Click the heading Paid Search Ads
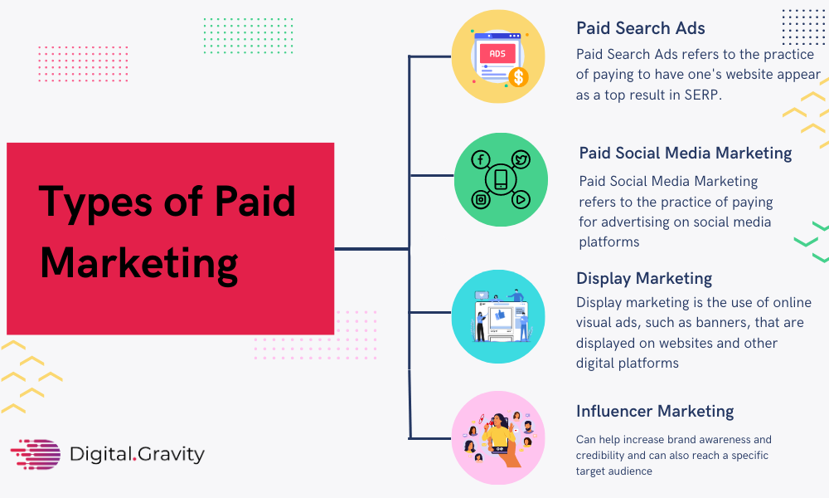click(x=640, y=28)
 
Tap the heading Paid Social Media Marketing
click(x=686, y=153)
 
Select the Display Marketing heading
click(x=644, y=278)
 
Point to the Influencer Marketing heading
click(x=655, y=411)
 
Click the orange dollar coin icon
click(x=518, y=77)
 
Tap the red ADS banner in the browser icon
click(x=497, y=53)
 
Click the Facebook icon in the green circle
click(x=481, y=159)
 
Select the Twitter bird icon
click(x=521, y=159)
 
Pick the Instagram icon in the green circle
click(x=481, y=199)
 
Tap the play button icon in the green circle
click(x=521, y=199)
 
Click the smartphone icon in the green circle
click(x=501, y=179)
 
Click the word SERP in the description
click(x=701, y=95)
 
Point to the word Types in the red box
click(x=95, y=203)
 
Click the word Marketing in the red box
click(x=139, y=264)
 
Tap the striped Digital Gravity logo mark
click(x=36, y=454)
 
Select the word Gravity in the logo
click(x=172, y=455)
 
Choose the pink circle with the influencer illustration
click(x=498, y=437)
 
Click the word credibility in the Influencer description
click(x=599, y=455)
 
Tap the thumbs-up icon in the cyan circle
click(x=500, y=316)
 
